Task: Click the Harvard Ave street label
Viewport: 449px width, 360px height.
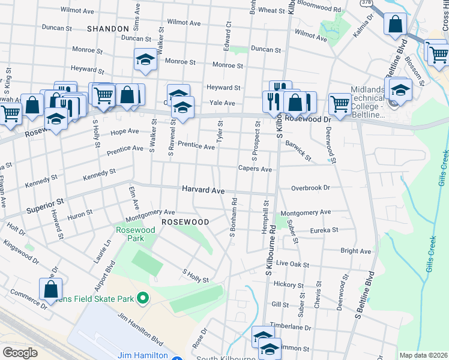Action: [x=203, y=190]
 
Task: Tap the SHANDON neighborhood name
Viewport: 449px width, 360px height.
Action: [x=108, y=29]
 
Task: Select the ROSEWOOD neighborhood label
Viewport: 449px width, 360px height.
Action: [x=185, y=222]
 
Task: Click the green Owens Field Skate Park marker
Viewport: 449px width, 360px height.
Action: [x=143, y=297]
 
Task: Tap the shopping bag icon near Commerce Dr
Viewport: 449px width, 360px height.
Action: [x=51, y=288]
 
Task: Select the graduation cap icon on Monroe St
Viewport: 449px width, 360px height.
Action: [x=145, y=59]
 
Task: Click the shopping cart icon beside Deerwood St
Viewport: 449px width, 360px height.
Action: [x=340, y=103]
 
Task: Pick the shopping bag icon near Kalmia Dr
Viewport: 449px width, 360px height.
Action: [x=396, y=25]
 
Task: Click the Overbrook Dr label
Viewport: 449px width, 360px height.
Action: [x=310, y=188]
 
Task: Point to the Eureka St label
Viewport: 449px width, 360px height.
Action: [x=324, y=230]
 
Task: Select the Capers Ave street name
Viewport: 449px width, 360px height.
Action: [x=255, y=169]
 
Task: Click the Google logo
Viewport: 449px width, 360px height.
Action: [x=20, y=352]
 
